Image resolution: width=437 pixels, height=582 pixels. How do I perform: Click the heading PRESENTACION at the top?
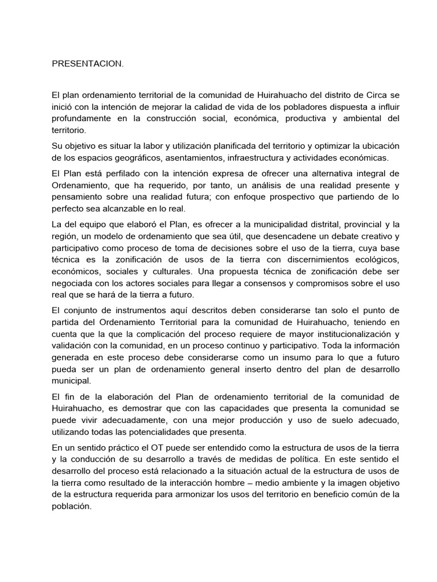point(87,64)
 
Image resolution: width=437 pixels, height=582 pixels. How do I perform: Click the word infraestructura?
point(257,157)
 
